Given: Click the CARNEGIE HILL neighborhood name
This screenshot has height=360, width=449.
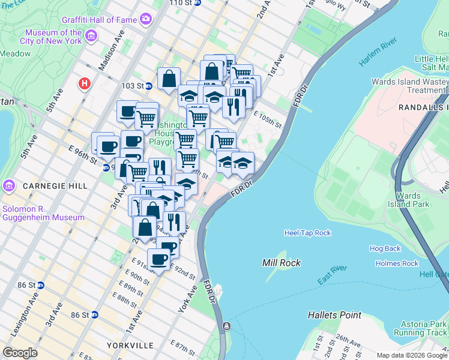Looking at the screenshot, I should [x=47, y=187].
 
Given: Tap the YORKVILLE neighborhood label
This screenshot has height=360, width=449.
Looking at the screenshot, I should [x=130, y=346].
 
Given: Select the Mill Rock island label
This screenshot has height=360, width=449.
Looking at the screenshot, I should [x=282, y=263].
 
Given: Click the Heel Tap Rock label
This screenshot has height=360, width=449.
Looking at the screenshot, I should [x=307, y=233].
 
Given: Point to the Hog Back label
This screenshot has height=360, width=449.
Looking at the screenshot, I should [x=385, y=248].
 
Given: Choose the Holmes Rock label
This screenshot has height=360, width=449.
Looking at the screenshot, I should [x=397, y=263].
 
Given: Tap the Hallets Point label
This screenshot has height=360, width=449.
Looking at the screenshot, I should [x=334, y=315].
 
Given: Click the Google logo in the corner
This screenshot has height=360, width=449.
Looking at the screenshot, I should [x=20, y=353].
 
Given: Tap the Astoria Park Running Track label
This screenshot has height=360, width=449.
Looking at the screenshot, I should [x=421, y=328].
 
